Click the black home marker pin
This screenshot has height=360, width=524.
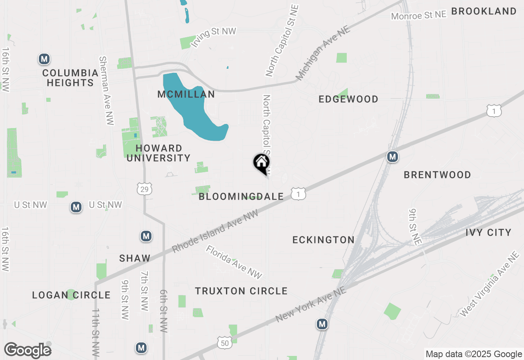coord(261,163)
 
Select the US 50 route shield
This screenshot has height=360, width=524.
coord(225,343)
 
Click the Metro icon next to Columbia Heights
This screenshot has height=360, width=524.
coord(44,59)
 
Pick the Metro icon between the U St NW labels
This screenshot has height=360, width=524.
coord(76,207)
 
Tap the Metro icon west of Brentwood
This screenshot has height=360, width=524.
coord(393,156)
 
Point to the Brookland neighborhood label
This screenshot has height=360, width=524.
coord(484,11)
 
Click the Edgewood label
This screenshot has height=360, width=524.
coord(348,99)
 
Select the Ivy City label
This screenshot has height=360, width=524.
coord(488,233)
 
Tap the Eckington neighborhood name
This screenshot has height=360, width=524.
coord(323,240)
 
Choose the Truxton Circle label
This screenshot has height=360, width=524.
coord(241,291)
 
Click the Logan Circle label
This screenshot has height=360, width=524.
coord(71,295)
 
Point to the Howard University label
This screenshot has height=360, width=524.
coord(158,153)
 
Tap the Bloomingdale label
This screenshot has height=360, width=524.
coord(241,197)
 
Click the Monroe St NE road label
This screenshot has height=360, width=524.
coord(418,16)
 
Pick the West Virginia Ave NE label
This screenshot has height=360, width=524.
coord(489,284)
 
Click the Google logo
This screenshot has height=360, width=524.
coord(27,351)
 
